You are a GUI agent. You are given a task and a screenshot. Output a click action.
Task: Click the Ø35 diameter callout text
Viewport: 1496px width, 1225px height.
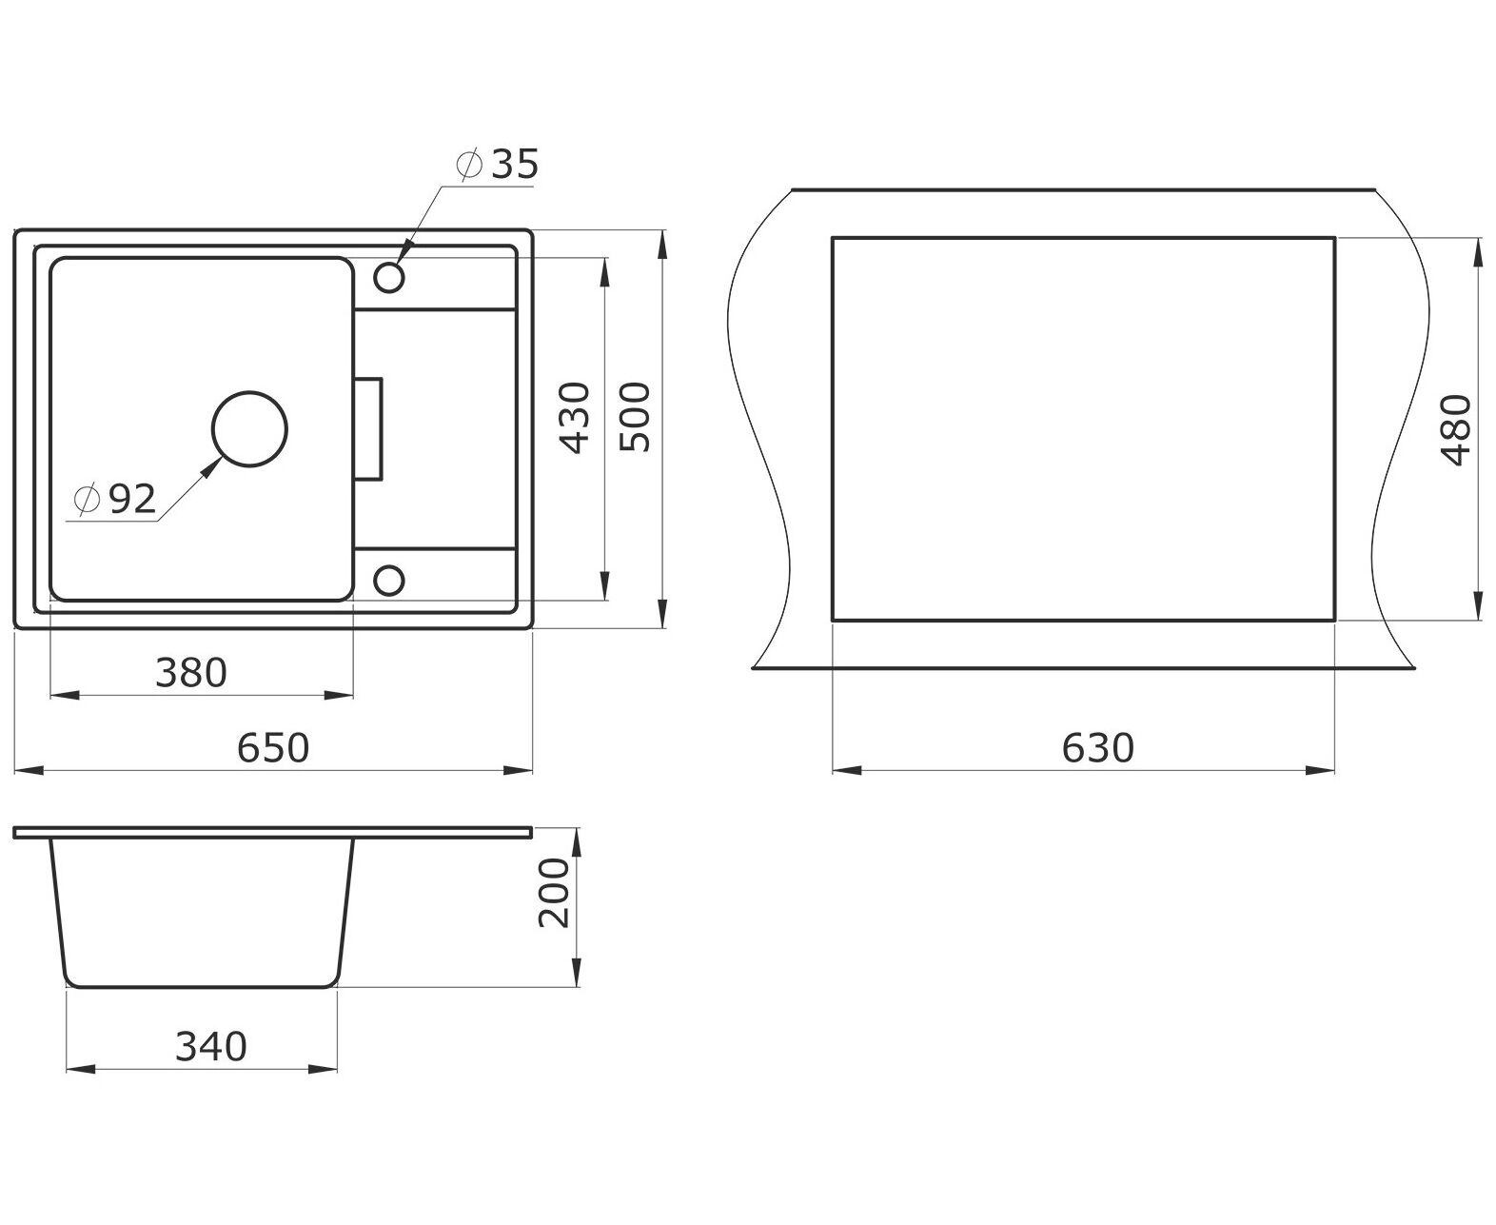coord(498,164)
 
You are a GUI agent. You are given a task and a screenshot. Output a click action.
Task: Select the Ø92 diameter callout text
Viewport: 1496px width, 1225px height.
coord(115,499)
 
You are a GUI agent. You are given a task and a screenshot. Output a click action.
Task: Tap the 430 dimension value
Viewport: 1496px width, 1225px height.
coord(575,417)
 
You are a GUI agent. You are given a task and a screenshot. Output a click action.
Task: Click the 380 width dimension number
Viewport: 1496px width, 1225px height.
coord(191,672)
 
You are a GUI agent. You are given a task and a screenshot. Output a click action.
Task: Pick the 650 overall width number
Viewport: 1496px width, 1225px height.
coord(273,747)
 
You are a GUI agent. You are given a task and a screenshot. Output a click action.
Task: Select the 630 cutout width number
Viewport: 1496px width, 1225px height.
coord(1098,747)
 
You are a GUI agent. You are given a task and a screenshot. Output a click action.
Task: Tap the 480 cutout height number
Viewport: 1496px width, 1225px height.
coord(1456,430)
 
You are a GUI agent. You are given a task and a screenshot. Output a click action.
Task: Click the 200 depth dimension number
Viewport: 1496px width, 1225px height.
coord(554,893)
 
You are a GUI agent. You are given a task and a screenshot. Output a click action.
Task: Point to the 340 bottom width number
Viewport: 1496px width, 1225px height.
coord(210,1046)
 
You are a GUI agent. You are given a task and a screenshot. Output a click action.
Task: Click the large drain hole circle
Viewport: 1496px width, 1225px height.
coord(249,429)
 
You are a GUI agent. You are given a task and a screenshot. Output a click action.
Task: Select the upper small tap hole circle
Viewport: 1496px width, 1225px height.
coord(388,277)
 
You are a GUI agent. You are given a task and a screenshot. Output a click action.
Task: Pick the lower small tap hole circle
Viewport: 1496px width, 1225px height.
coord(388,581)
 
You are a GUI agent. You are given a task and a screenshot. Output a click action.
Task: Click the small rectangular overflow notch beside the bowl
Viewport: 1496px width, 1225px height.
coord(368,429)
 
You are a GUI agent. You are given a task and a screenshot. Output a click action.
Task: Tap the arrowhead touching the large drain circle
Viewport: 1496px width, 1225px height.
coord(210,467)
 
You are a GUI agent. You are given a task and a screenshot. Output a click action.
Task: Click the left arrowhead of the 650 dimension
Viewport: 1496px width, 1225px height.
coord(30,770)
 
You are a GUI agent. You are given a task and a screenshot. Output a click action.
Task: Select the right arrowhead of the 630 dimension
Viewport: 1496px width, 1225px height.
coord(1320,770)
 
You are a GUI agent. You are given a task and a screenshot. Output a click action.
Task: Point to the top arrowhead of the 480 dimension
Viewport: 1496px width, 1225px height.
coord(1478,252)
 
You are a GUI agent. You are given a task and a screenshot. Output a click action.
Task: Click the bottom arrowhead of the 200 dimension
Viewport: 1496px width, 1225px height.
coord(576,972)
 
